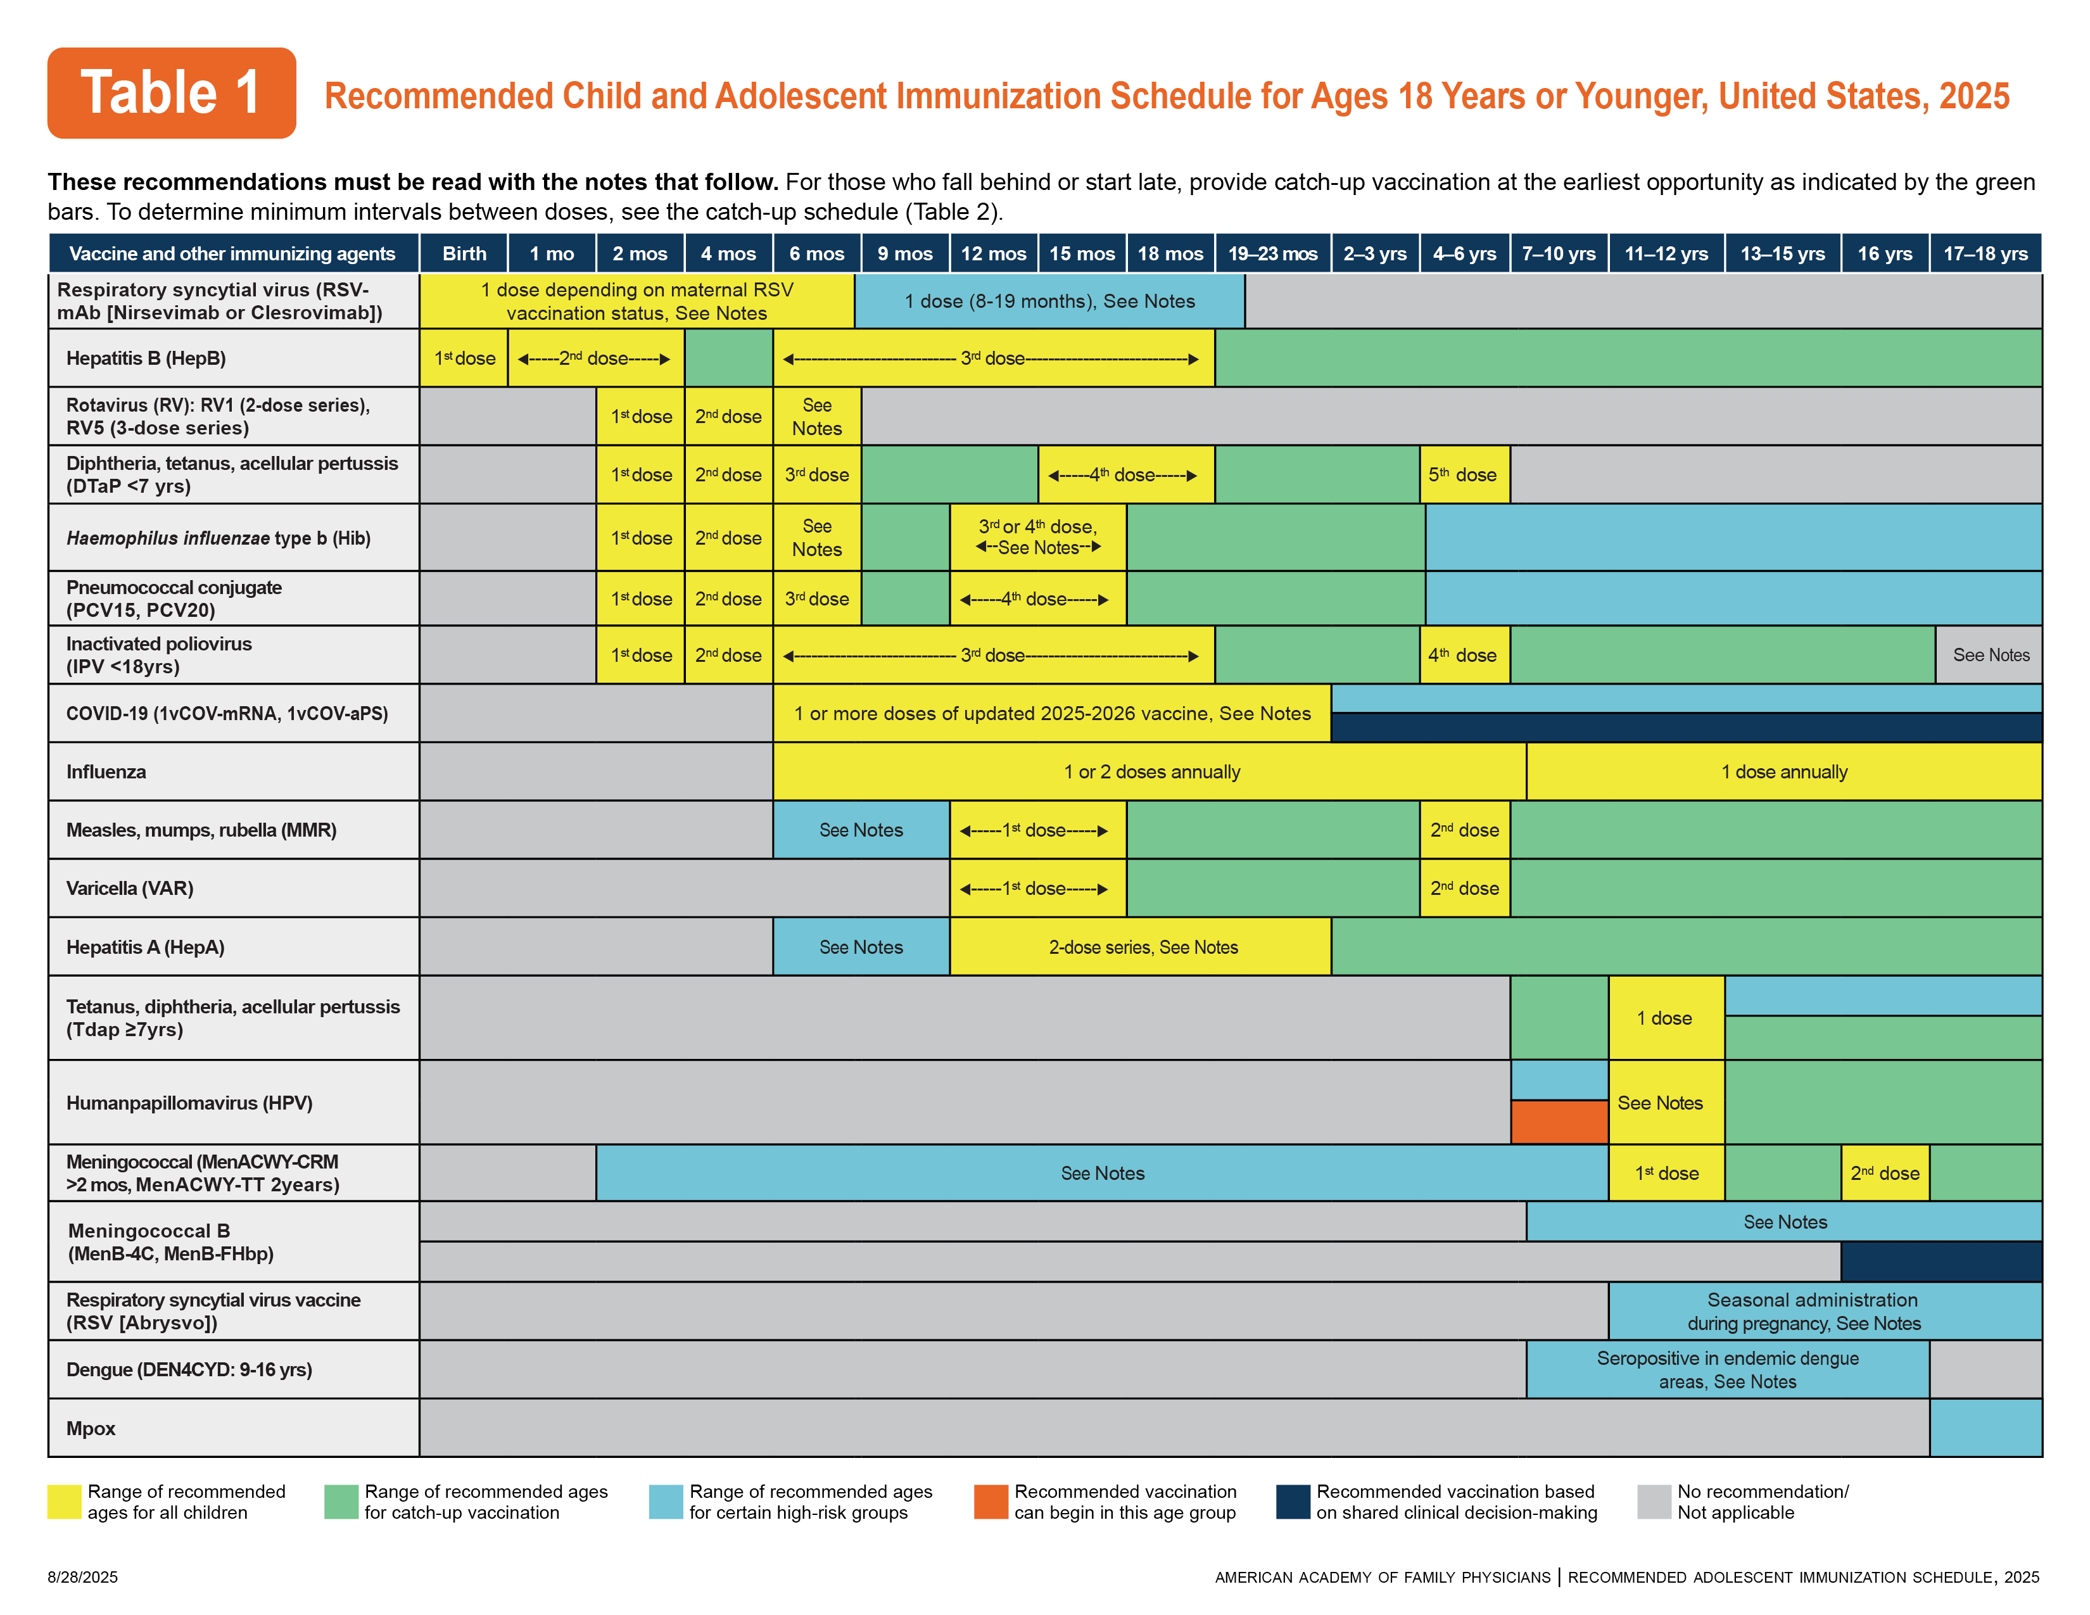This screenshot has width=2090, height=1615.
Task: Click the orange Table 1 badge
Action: coord(171,93)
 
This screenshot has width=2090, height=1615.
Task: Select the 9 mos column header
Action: coord(904,253)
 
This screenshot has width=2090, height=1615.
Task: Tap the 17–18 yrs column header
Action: coord(1985,253)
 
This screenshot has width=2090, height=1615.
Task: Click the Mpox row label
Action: coord(91,1428)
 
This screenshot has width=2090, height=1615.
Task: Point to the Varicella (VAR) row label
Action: coord(129,888)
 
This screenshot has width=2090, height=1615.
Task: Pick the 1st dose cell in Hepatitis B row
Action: coord(464,358)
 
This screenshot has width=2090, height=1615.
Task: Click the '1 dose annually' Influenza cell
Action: coord(1783,772)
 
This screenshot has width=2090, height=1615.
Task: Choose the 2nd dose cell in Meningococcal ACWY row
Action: coord(1884,1173)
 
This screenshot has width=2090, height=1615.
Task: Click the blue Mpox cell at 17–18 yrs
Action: coord(1985,1428)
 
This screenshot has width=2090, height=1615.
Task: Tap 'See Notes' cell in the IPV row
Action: coord(1989,655)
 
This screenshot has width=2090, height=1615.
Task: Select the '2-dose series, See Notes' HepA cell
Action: coord(1142,947)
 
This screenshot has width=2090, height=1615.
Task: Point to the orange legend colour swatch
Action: coord(991,1501)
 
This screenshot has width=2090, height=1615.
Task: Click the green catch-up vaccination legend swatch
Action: coord(341,1501)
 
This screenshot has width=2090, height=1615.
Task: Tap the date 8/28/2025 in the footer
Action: coord(83,1577)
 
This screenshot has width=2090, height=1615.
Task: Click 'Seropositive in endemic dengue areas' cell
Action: coord(1726,1369)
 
